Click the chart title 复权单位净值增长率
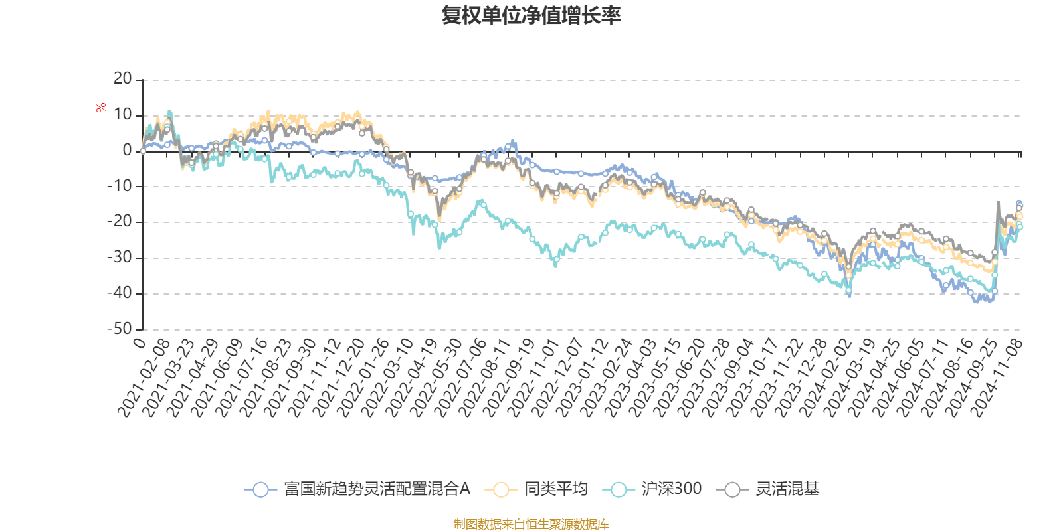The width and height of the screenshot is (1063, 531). pyautogui.click(x=531, y=16)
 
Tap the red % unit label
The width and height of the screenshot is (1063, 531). pyautogui.click(x=101, y=107)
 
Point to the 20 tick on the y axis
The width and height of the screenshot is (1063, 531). pyautogui.click(x=123, y=79)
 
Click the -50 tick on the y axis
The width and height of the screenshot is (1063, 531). pyautogui.click(x=120, y=329)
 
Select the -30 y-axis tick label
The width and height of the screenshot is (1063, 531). pyautogui.click(x=120, y=258)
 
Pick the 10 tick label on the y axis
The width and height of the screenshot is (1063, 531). pyautogui.click(x=123, y=115)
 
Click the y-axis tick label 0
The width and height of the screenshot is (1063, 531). pyautogui.click(x=127, y=151)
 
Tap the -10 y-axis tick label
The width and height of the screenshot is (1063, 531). pyautogui.click(x=120, y=187)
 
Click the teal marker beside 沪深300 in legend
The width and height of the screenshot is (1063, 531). pyautogui.click(x=619, y=490)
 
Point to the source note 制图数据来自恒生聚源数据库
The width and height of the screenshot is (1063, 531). pyautogui.click(x=531, y=524)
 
